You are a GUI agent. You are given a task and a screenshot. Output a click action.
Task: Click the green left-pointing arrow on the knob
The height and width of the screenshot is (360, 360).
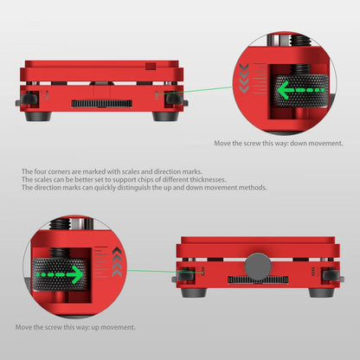pos(301,90)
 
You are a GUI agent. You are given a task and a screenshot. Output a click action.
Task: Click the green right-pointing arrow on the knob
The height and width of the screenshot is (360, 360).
pos(61,274)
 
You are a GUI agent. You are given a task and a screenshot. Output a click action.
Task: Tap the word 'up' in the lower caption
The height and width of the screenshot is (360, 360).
pos(95,328)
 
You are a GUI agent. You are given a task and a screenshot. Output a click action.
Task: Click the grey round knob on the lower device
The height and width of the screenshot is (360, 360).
pos(258,267)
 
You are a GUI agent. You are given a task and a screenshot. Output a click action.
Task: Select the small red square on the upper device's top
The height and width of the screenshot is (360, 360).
pos(151,66)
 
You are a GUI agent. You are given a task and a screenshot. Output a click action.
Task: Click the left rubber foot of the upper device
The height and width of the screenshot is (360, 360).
pos(38,116)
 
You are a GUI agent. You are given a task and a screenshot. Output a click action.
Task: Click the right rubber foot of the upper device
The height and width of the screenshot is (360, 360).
pos(165,116)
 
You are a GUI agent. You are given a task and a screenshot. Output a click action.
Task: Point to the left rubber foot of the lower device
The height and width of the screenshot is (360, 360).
pos(194,293)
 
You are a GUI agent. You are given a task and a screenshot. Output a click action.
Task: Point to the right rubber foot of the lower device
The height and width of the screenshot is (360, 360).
pos(322,293)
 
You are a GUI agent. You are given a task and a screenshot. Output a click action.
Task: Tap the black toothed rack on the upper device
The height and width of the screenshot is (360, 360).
pos(102,104)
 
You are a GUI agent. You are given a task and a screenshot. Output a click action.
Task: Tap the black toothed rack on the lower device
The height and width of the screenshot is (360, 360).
pos(258,280)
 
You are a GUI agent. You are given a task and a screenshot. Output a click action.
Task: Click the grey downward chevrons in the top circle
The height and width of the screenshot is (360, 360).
pos(244,79)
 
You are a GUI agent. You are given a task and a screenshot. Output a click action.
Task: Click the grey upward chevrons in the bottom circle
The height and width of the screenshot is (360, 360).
pos(117,262)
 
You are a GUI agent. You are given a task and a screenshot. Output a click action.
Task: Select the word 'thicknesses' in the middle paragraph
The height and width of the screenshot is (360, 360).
pos(207,179)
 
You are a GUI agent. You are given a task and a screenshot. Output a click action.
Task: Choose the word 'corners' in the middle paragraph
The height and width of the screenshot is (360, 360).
pos(59,172)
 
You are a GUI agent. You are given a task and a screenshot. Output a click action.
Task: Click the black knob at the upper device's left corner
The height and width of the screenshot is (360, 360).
pos(29,100)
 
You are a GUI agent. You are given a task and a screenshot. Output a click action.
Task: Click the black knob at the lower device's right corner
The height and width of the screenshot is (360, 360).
pos(330,275)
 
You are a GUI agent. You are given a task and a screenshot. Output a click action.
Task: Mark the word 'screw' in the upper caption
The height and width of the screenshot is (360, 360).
pos(252,144)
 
